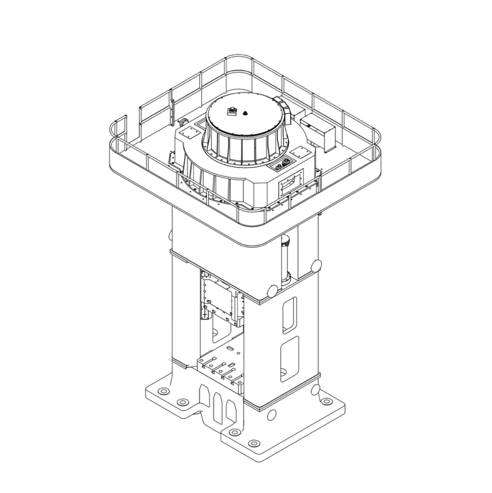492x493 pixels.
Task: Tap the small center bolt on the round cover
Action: point(245,114)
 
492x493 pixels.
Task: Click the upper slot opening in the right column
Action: point(289,314)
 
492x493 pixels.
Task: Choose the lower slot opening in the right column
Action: point(289,359)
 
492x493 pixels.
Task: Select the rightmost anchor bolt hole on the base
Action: point(326,401)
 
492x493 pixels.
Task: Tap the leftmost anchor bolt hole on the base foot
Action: point(164,391)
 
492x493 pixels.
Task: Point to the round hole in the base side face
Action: point(272,415)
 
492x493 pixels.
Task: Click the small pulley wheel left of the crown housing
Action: point(183,122)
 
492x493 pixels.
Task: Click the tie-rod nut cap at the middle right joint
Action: point(316,266)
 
